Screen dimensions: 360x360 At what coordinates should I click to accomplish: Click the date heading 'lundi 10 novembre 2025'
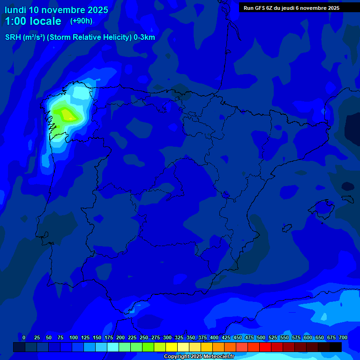click(x=56, y=10)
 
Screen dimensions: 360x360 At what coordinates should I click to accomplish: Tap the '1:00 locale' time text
click(x=33, y=21)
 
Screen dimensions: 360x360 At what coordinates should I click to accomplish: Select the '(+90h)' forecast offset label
click(x=81, y=21)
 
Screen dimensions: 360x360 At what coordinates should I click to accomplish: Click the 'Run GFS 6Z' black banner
click(x=292, y=8)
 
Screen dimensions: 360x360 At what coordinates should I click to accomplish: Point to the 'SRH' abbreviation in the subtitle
click(x=13, y=37)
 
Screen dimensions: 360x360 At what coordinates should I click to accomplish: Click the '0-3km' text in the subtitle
click(x=144, y=37)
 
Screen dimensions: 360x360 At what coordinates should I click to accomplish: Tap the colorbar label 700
click(x=343, y=337)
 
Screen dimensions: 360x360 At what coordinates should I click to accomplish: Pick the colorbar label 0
click(x=24, y=337)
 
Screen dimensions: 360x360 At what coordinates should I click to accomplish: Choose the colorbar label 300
click(x=167, y=337)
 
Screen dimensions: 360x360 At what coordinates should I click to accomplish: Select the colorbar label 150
click(x=97, y=337)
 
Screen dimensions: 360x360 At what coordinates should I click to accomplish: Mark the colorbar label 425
click(x=226, y=337)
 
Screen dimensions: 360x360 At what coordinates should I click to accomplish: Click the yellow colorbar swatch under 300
click(x=172, y=347)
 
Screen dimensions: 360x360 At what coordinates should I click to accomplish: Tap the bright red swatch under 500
click(x=265, y=347)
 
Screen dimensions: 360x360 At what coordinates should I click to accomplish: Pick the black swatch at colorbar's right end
click(x=336, y=347)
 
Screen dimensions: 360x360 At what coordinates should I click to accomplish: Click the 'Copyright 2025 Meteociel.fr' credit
click(x=199, y=357)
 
